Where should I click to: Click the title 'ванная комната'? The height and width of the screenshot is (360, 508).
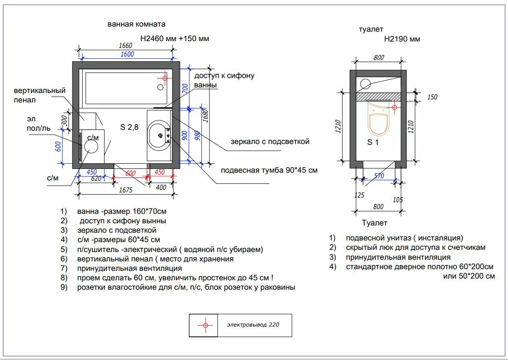[x=136, y=24]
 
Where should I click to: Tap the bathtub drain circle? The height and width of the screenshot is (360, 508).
[x=160, y=87]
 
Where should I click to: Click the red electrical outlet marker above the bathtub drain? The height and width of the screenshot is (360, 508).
[x=165, y=78]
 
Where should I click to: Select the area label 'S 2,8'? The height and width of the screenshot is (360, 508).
[x=129, y=127]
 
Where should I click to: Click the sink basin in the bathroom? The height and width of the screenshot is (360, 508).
[x=159, y=135]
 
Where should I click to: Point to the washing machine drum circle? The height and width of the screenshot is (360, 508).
[x=91, y=147]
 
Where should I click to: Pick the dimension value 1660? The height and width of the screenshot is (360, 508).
[x=126, y=46]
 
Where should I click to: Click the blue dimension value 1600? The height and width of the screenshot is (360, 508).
[x=127, y=54]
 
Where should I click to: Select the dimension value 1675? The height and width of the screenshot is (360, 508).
[x=126, y=190]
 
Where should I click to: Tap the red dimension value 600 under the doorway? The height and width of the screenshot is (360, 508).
[x=130, y=174]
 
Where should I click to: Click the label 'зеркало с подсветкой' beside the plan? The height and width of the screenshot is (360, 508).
[x=270, y=141]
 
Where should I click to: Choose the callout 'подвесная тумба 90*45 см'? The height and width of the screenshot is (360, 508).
[x=269, y=170]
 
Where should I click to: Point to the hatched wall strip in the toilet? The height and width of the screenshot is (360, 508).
[x=378, y=97]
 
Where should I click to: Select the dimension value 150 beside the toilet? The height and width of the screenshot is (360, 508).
[x=432, y=97]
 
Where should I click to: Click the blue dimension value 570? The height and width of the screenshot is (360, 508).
[x=379, y=176]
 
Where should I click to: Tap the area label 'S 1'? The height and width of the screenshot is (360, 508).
[x=373, y=142]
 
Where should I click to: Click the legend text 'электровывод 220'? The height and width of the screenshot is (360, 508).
[x=253, y=325]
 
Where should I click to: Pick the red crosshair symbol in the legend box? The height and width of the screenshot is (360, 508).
[x=205, y=325]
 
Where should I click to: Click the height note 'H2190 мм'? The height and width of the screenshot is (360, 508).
[x=402, y=39]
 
